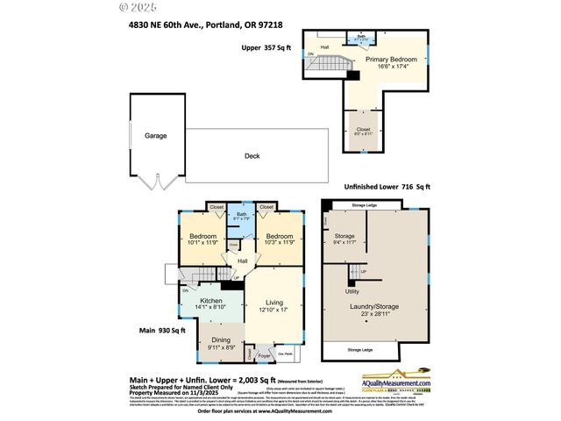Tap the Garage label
pyautogui.click(x=156, y=136)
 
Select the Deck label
pyautogui.click(x=252, y=157)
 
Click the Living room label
pyautogui.click(x=273, y=303)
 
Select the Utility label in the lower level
pyautogui.click(x=352, y=290)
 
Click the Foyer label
pyautogui.click(x=264, y=357)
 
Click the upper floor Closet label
pyautogui.click(x=362, y=128)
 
